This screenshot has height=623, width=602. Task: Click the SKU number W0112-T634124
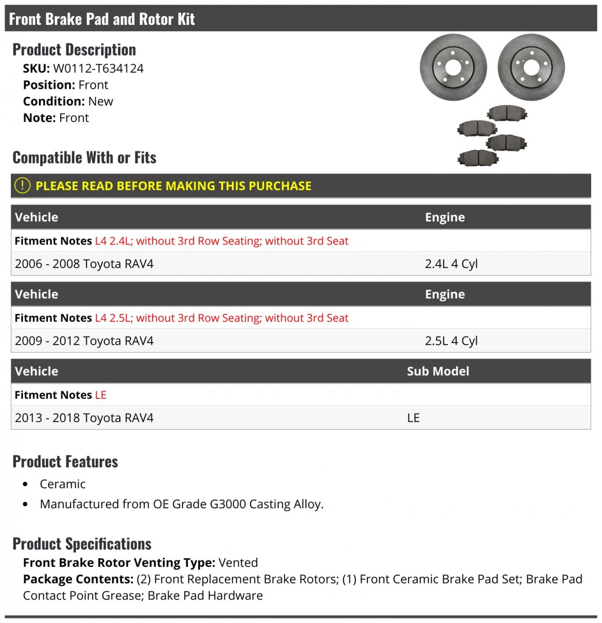[x=98, y=69]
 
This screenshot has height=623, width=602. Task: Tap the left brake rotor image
[x=453, y=67]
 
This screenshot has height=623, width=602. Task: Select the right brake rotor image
[x=531, y=67]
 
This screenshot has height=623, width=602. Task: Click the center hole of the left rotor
[x=453, y=67]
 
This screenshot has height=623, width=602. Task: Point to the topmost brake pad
[x=507, y=113]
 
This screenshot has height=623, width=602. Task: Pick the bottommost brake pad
[x=477, y=157]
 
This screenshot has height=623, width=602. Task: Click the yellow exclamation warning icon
[x=22, y=185]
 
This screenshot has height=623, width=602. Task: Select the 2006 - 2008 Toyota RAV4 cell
[x=84, y=264]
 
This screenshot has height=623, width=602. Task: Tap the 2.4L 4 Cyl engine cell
[x=451, y=264]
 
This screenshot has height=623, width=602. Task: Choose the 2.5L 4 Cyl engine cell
[x=451, y=341]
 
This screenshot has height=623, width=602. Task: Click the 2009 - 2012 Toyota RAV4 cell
[x=84, y=341]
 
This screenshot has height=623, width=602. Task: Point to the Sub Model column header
[x=437, y=371]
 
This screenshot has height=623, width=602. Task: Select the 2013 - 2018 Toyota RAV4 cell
[x=84, y=418]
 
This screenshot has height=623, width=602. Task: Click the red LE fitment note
[x=101, y=395]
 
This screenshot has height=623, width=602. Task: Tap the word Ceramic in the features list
[x=62, y=484]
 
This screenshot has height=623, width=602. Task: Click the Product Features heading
[x=65, y=462]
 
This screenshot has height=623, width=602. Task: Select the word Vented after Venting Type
[x=238, y=563]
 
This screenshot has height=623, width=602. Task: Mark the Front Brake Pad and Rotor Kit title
[x=102, y=19]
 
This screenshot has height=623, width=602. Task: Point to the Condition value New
[x=101, y=101]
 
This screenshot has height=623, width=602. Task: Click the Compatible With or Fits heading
[x=84, y=157]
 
